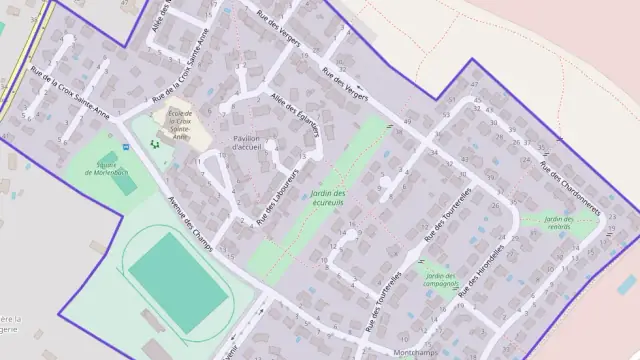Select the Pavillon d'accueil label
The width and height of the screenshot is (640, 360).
[x=246, y=142]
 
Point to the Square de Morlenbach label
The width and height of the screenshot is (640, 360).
[x=91, y=170]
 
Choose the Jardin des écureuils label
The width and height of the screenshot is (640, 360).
[x=327, y=198]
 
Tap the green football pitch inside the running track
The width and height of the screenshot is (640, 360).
[x=176, y=272]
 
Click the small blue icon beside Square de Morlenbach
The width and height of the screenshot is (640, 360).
[x=125, y=147]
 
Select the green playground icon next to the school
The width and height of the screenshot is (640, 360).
[x=154, y=144]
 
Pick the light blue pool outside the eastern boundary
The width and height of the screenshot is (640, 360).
[x=627, y=284]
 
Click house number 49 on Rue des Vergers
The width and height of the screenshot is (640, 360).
[x=407, y=122]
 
